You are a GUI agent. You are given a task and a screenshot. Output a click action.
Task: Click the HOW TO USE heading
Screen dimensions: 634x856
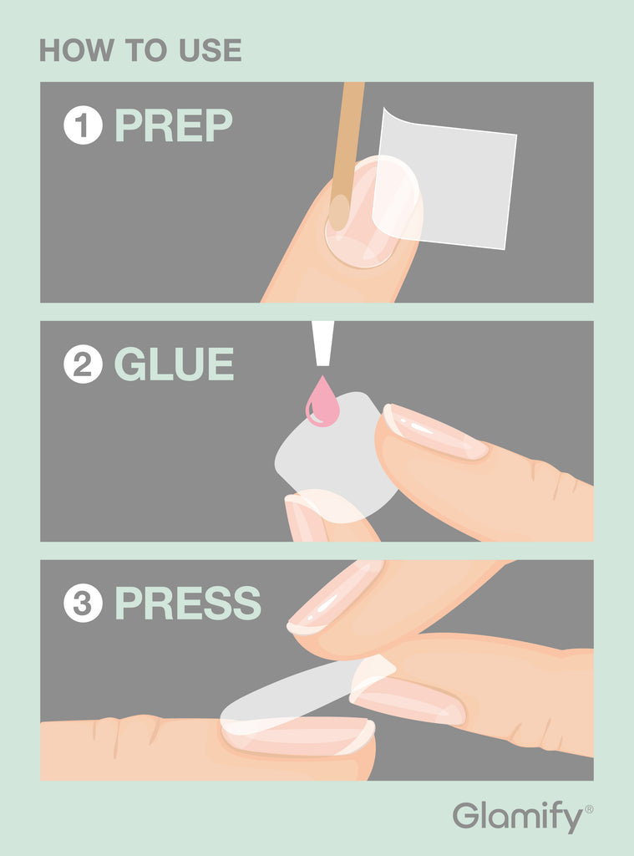[140, 50]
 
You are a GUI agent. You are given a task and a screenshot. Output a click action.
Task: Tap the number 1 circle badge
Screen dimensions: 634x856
[83, 125]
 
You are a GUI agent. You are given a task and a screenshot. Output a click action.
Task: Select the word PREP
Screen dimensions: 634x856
[174, 125]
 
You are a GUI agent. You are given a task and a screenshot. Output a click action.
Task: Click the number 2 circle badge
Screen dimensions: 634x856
[83, 364]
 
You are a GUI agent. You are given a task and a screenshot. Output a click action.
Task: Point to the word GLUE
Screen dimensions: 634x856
[174, 364]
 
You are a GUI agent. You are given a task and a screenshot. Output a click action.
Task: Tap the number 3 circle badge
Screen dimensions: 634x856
[83, 603]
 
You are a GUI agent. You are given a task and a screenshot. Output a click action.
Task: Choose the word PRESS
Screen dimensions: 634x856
[188, 603]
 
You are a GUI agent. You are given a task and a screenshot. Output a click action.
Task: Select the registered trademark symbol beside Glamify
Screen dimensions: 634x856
[589, 809]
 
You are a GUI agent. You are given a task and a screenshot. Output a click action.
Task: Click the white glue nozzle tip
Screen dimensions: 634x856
[322, 343]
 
